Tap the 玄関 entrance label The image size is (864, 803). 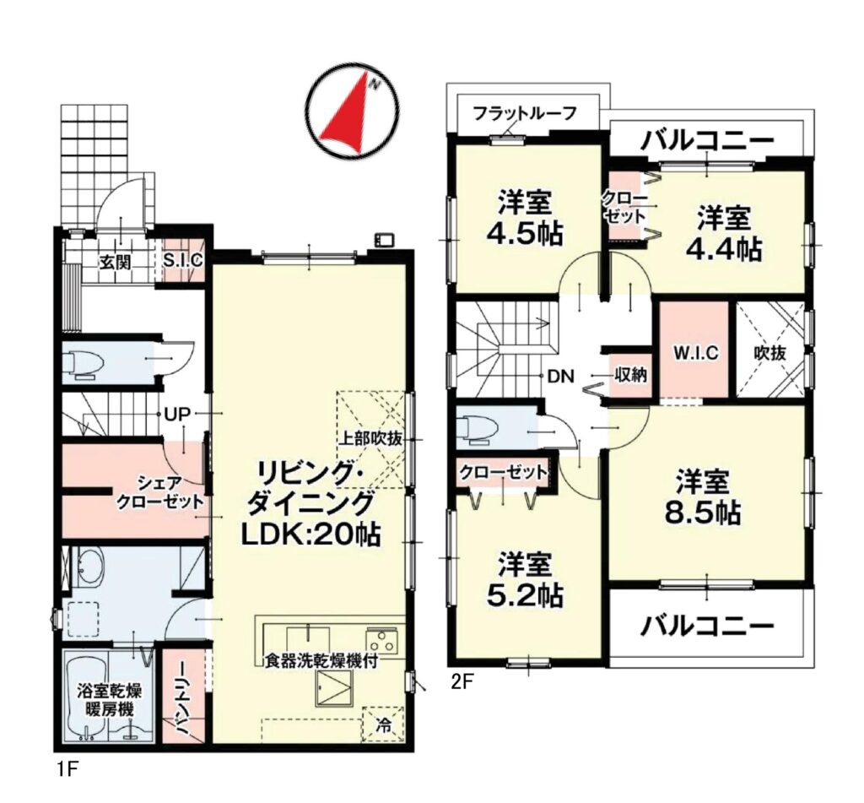coord(115,262)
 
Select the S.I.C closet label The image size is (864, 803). coord(183,259)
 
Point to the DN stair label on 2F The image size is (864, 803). coord(561,377)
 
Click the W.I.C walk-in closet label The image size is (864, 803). coord(696,353)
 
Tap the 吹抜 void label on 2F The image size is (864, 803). coord(769,353)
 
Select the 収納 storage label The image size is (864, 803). coord(630,376)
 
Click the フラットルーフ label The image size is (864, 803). coord(525,114)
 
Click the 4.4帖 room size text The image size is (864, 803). coord(723,250)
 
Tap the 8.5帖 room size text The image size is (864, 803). coord(703,513)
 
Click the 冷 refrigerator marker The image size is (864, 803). coord(383,725)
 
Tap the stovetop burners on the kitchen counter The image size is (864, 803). coord(383,641)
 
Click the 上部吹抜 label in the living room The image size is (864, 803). coord(370,439)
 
